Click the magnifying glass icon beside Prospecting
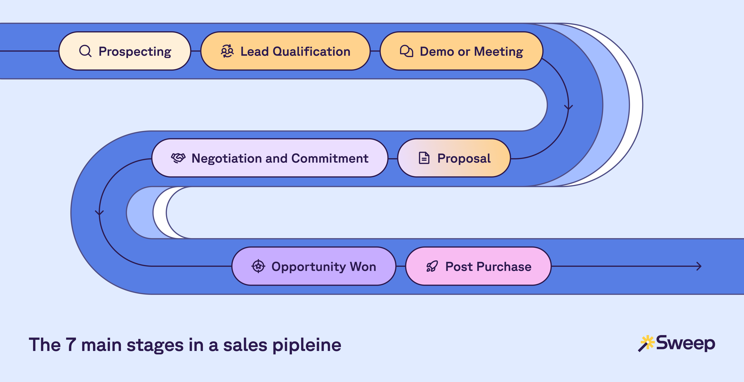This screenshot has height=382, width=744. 85,51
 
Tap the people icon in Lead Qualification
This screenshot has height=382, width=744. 227,51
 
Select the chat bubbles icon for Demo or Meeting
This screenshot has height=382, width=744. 406,51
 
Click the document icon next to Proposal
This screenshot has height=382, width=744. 424,158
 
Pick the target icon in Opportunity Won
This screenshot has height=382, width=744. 258,266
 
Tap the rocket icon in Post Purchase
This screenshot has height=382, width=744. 432,266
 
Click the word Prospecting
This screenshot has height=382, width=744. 135,52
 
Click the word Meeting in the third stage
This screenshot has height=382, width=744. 499,52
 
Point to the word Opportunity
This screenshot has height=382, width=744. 308,267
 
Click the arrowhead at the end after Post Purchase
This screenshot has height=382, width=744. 699,266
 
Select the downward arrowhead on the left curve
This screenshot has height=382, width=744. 99,213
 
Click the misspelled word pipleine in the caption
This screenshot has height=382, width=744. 307,345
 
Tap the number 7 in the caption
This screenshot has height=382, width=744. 71,345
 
